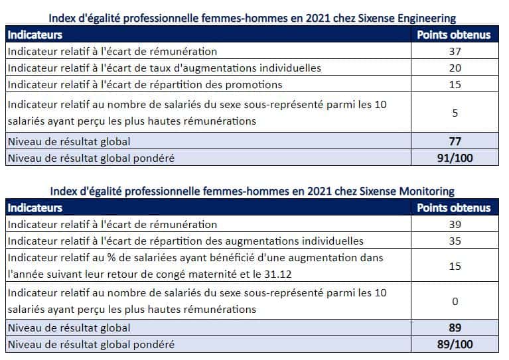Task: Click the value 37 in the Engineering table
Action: (x=455, y=51)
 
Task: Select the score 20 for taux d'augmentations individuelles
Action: (x=455, y=68)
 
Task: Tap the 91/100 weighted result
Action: (x=455, y=158)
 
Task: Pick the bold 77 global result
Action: (x=455, y=141)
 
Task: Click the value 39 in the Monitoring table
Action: (x=455, y=225)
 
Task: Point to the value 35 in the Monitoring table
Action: (x=455, y=241)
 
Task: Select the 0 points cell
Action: (x=455, y=301)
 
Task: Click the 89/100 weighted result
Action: (x=455, y=345)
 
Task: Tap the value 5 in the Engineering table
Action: (x=455, y=113)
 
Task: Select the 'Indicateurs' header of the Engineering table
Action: (x=35, y=34)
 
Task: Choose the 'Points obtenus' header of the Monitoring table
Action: (x=454, y=208)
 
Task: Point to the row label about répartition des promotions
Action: (x=145, y=84)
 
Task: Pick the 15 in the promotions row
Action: (x=455, y=84)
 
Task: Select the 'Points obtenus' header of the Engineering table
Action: (x=454, y=34)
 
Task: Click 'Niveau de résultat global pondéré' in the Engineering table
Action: (x=91, y=158)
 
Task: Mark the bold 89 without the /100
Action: (x=455, y=328)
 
